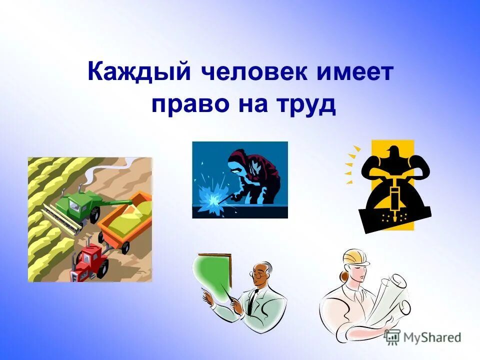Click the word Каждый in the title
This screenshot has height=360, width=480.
pyautogui.click(x=139, y=73)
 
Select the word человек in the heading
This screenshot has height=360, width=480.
pyautogui.click(x=257, y=73)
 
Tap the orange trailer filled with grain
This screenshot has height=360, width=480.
pyautogui.click(x=125, y=220)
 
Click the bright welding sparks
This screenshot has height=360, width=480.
pyautogui.click(x=210, y=197)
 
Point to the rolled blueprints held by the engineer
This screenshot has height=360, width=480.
pyautogui.click(x=390, y=295)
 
